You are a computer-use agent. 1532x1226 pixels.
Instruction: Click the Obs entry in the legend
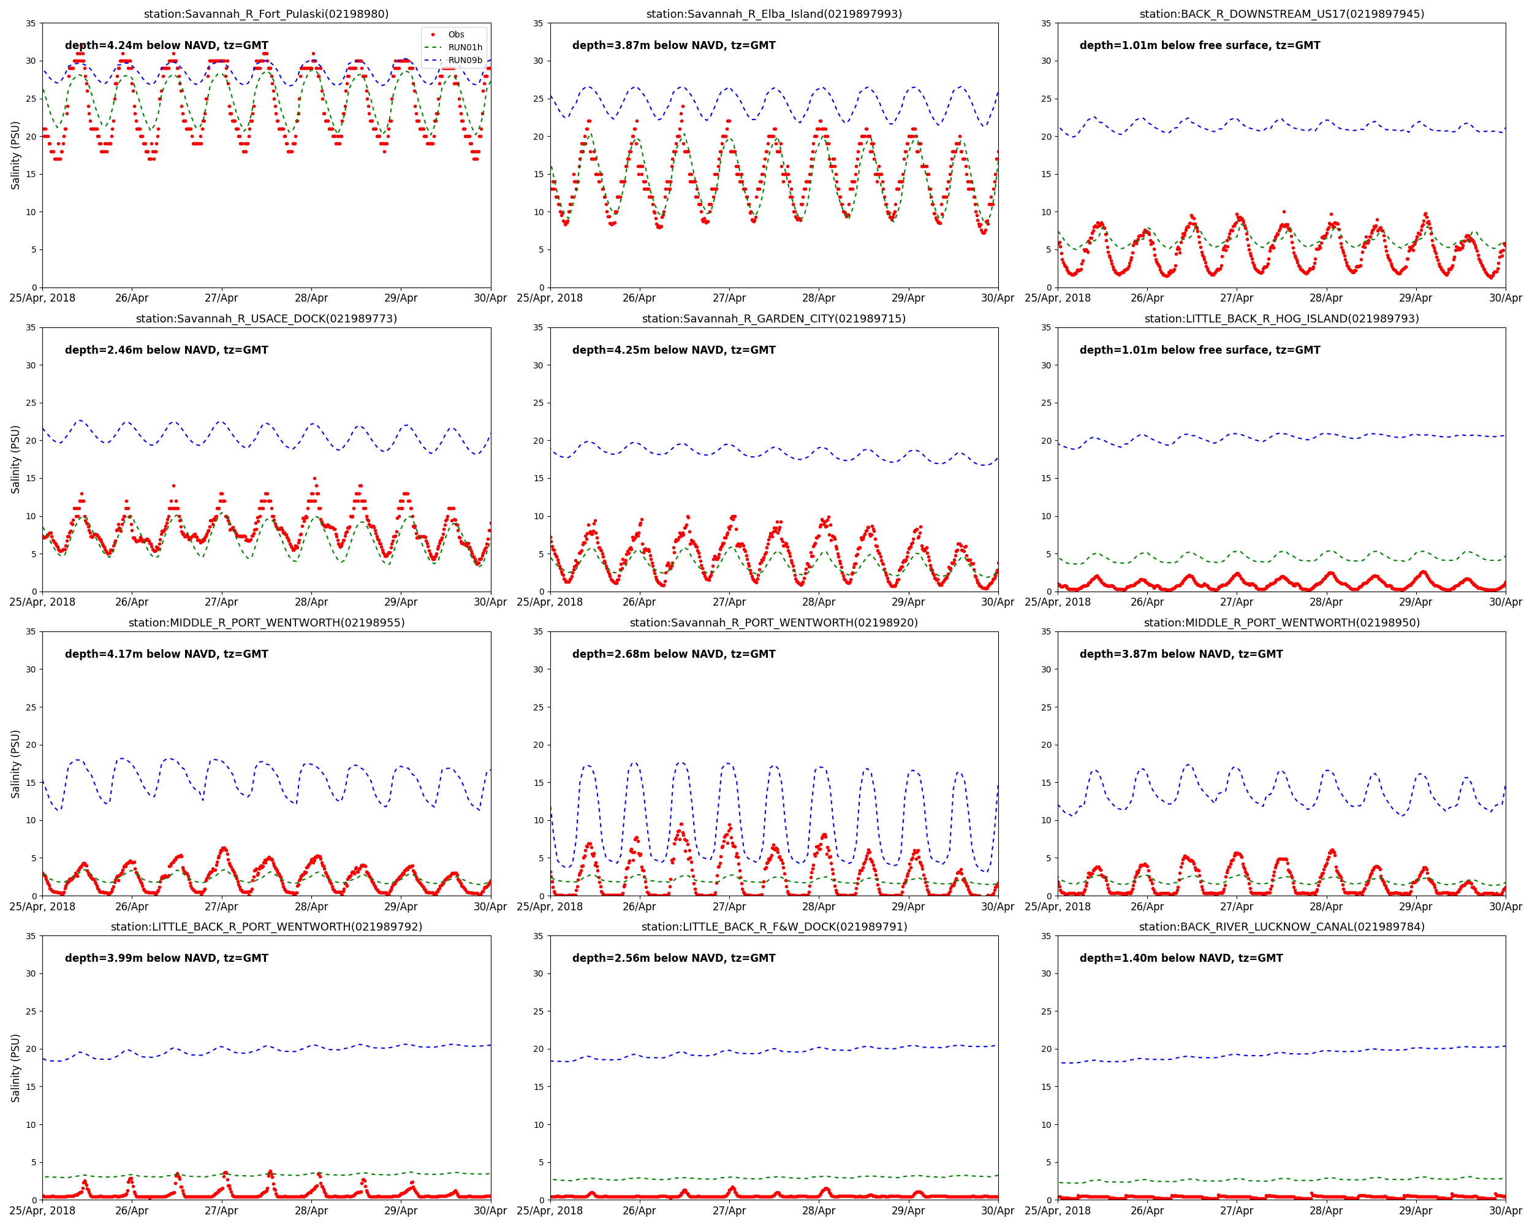pyautogui.click(x=455, y=34)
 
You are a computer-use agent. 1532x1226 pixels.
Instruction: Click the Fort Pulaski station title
pyautogui.click(x=267, y=14)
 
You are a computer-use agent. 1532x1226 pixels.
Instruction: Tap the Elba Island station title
pyautogui.click(x=774, y=14)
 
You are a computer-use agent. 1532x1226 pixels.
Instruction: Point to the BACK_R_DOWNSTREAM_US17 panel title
pyautogui.click(x=1281, y=14)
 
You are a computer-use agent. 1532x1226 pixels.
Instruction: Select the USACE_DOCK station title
pyautogui.click(x=267, y=318)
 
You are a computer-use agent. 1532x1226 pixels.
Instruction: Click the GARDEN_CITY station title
pyautogui.click(x=774, y=318)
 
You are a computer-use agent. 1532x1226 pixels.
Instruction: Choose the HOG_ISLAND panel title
pyautogui.click(x=1281, y=318)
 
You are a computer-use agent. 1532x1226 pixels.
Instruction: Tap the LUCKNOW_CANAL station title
pyautogui.click(x=1281, y=927)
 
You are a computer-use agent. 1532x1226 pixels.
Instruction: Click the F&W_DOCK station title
pyautogui.click(x=774, y=927)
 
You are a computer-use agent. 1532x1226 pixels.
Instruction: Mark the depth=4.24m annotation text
pyautogui.click(x=166, y=45)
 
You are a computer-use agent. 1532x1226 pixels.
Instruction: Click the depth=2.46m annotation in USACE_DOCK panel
pyautogui.click(x=166, y=349)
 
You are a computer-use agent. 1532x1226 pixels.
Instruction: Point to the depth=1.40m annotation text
pyautogui.click(x=1181, y=958)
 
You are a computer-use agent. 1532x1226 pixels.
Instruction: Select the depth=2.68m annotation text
pyautogui.click(x=673, y=654)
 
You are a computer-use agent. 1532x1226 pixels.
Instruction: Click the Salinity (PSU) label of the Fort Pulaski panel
pyautogui.click(x=15, y=155)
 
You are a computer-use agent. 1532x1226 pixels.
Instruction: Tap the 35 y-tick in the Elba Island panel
pyautogui.click(x=538, y=23)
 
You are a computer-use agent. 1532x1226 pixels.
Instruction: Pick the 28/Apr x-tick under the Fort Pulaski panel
pyautogui.click(x=311, y=299)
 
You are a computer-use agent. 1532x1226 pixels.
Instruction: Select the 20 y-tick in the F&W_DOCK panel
pyautogui.click(x=538, y=1049)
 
